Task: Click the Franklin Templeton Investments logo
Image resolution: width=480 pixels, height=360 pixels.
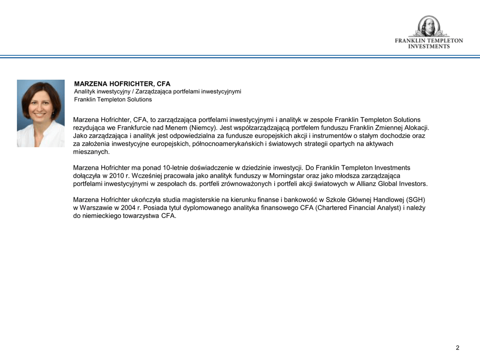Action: pyautogui.click(x=428, y=33)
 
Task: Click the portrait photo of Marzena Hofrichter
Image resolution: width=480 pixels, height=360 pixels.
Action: pyautogui.click(x=41, y=113)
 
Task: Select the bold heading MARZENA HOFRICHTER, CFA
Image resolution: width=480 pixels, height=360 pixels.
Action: pyautogui.click(x=122, y=84)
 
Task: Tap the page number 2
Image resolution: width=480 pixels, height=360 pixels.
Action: pyautogui.click(x=457, y=347)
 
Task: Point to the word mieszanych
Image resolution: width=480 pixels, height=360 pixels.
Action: pyautogui.click(x=91, y=152)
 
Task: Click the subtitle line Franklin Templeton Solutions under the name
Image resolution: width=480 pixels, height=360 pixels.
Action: pyautogui.click(x=113, y=99)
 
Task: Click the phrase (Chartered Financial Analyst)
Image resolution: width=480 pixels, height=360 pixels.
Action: pyautogui.click(x=358, y=208)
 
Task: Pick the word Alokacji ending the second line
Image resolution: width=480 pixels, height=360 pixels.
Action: pyautogui.click(x=415, y=127)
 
